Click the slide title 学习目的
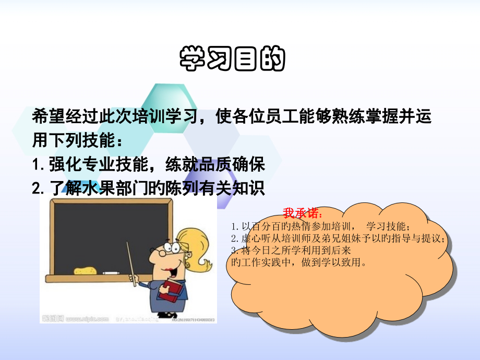coord(232,59)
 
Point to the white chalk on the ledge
coord(111,273)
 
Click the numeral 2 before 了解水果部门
coord(37,188)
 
